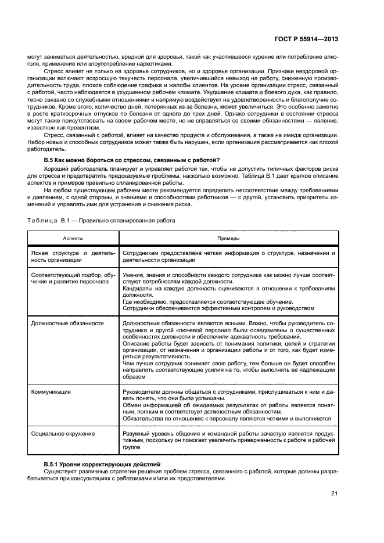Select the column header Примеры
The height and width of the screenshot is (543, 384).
click(x=228, y=238)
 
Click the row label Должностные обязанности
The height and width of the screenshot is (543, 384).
click(x=67, y=323)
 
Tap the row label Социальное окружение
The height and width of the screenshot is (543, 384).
click(x=63, y=433)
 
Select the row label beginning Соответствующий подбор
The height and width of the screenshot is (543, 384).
click(x=72, y=278)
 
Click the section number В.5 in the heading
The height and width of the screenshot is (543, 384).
click(x=49, y=160)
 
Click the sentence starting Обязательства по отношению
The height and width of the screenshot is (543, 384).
click(x=227, y=418)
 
